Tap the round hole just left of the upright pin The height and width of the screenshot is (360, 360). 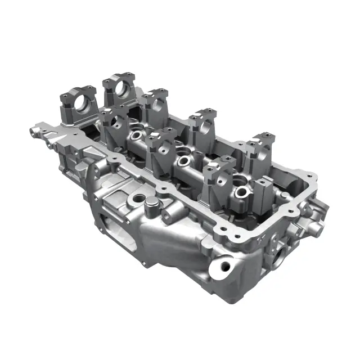point(137,199)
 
